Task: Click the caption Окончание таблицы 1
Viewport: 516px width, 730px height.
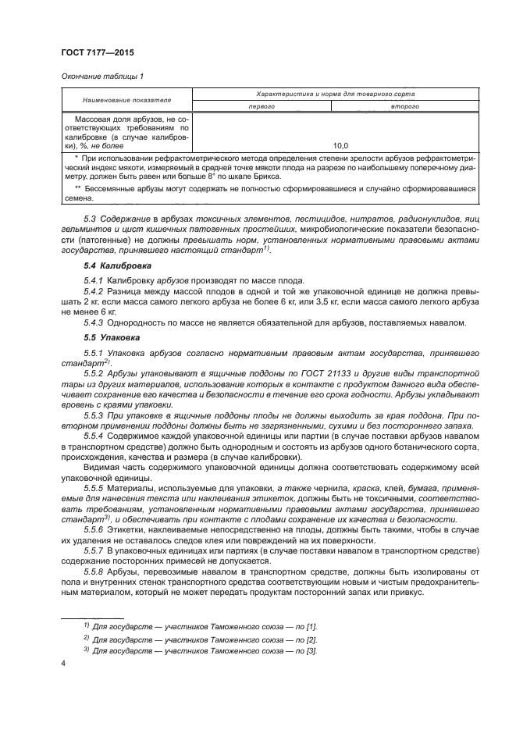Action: (101, 76)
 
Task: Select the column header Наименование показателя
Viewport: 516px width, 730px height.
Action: (128, 100)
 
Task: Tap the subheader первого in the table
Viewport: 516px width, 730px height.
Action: (262, 106)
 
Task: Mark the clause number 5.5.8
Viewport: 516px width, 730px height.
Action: (94, 571)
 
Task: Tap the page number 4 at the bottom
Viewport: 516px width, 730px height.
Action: (63, 664)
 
